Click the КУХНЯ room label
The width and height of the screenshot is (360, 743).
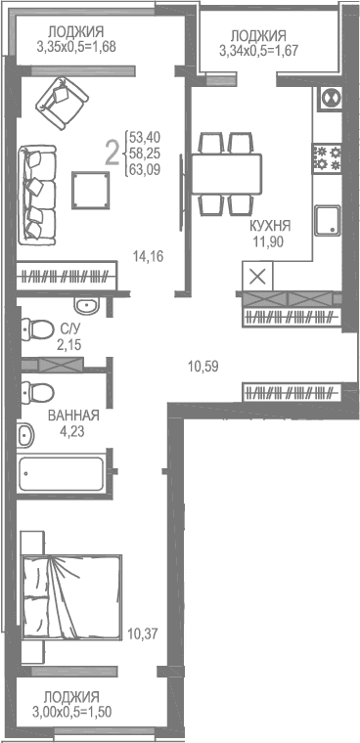click(x=270, y=224)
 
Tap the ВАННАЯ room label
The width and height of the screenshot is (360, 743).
click(x=73, y=415)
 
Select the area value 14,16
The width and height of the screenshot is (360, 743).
click(x=147, y=256)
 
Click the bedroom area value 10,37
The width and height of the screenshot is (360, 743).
click(x=142, y=633)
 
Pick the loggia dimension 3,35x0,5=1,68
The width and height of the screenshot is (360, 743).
click(x=76, y=46)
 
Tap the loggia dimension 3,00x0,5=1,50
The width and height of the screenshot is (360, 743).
click(x=71, y=712)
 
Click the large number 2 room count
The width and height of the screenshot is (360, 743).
click(x=112, y=152)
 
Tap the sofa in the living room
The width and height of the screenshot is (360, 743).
click(x=38, y=186)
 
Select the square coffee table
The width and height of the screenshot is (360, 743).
click(x=92, y=188)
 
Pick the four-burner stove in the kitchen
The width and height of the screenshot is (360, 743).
click(x=327, y=157)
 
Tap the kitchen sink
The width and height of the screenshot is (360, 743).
click(x=328, y=219)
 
